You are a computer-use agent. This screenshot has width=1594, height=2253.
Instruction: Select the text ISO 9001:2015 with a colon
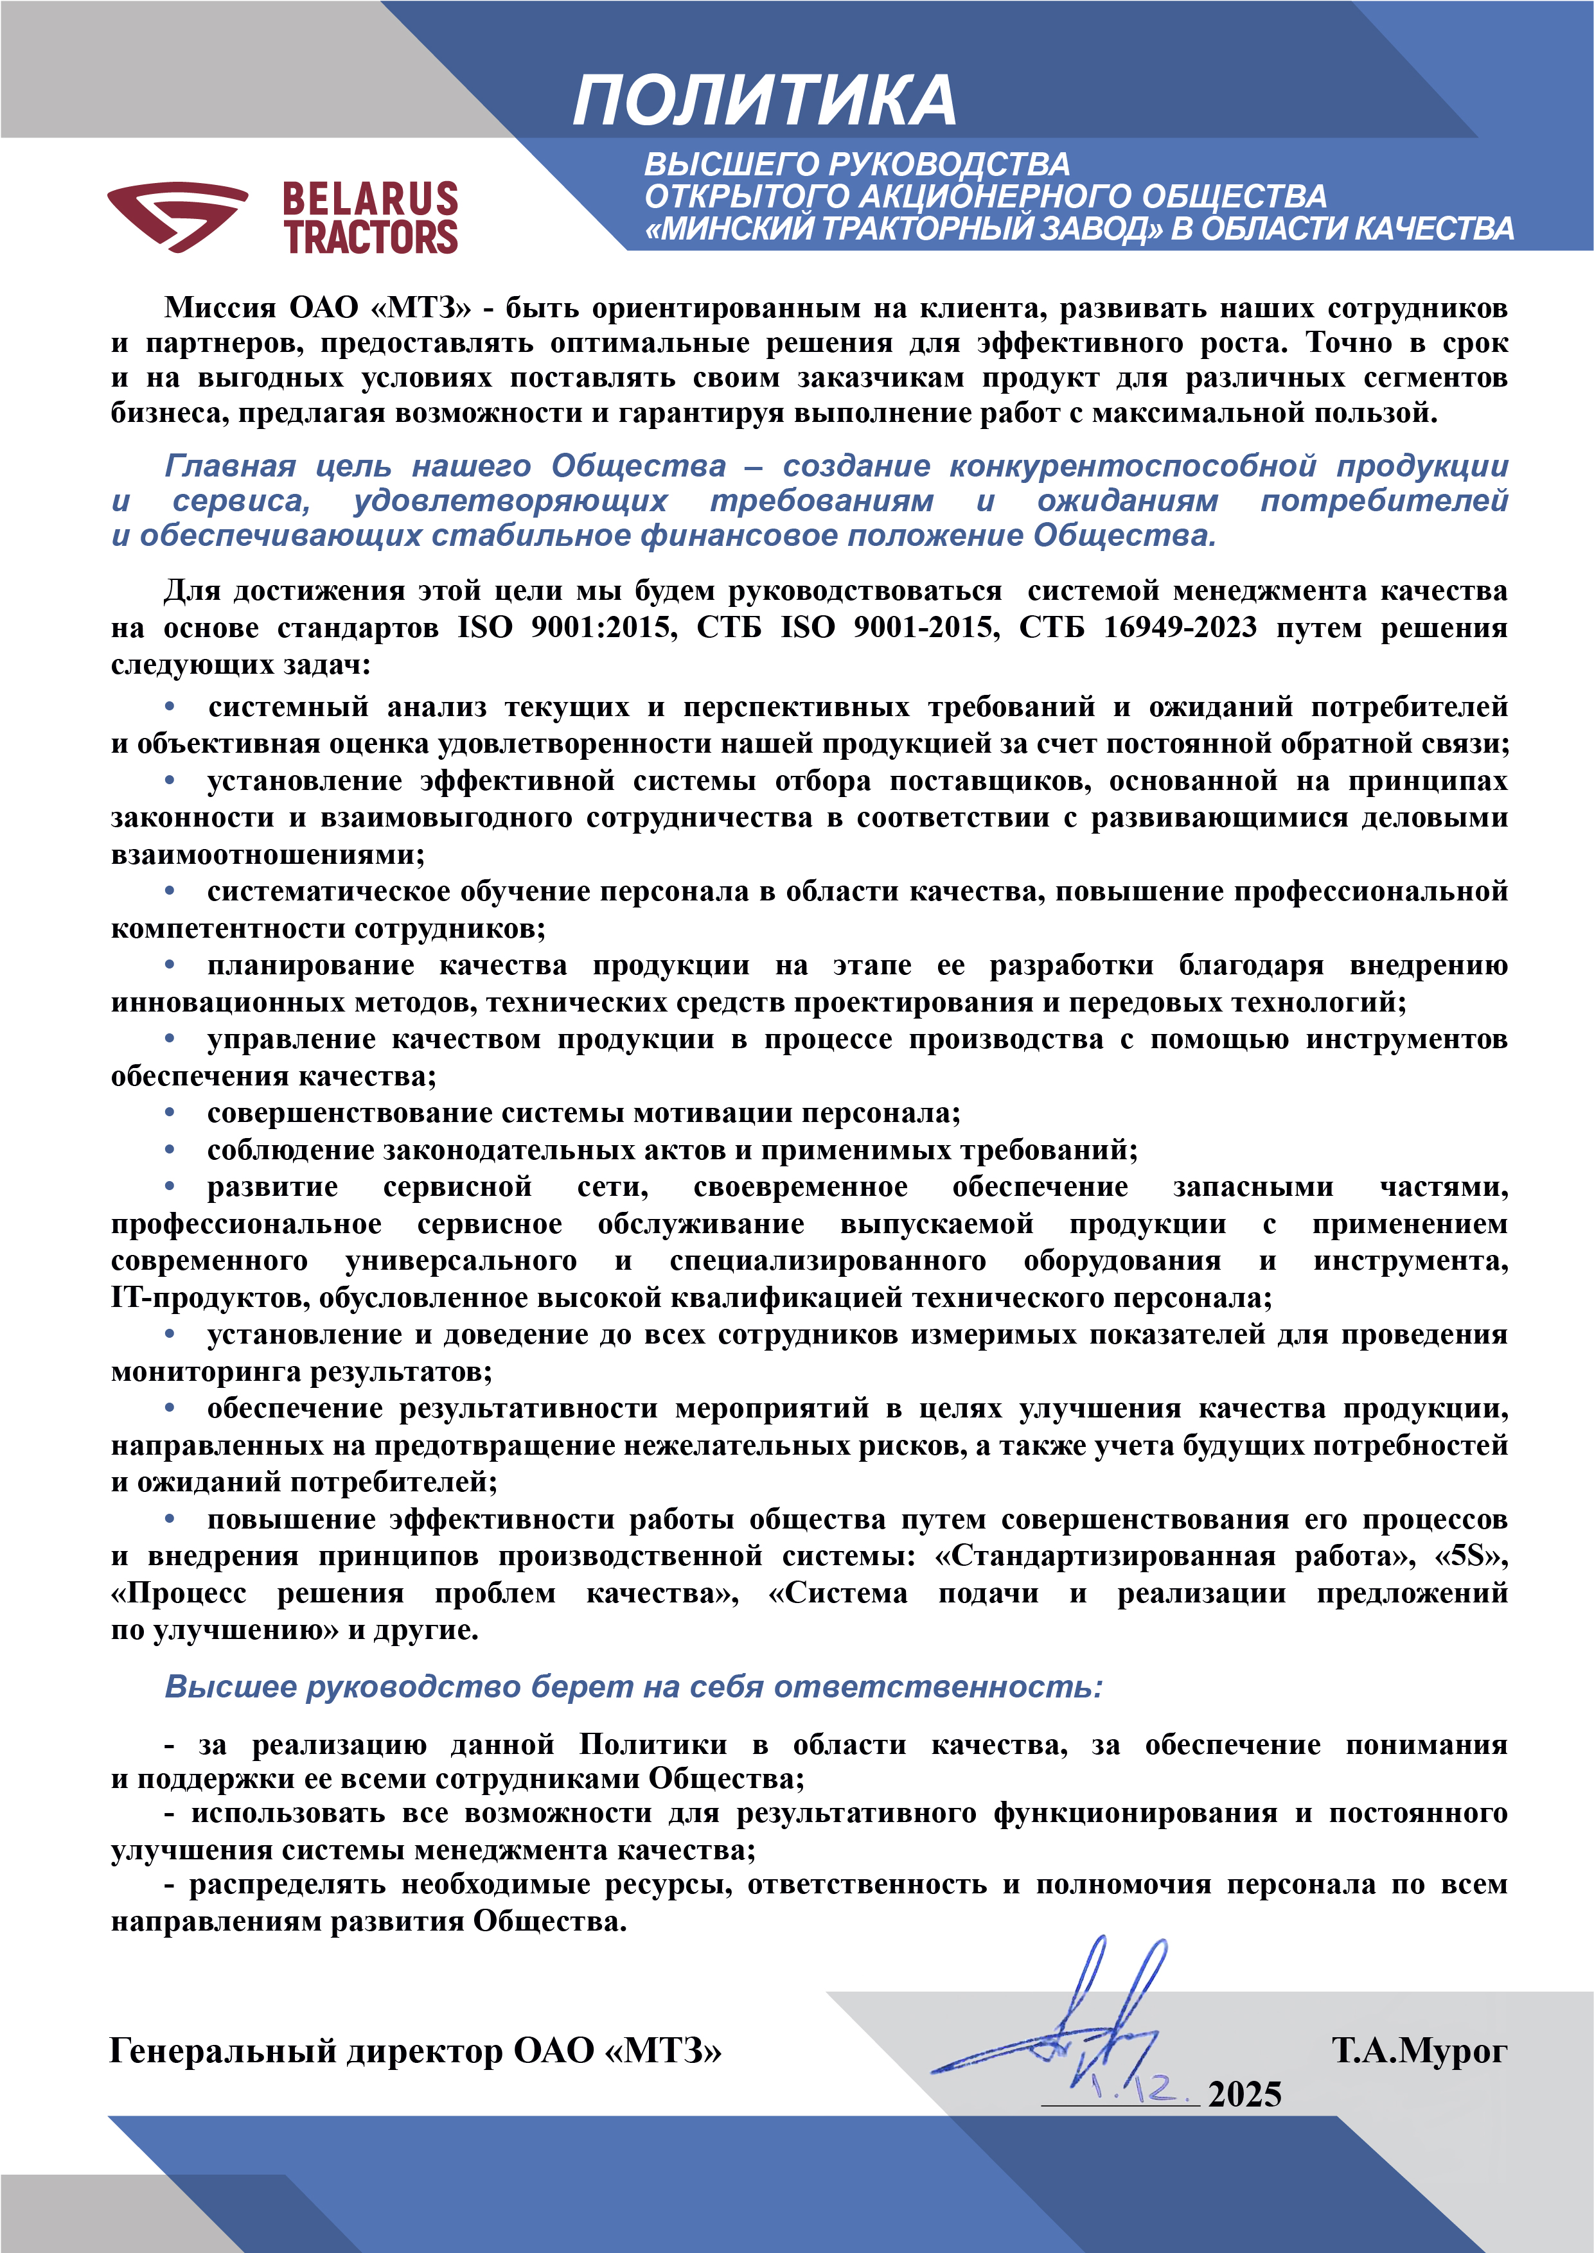pyautogui.click(x=567, y=627)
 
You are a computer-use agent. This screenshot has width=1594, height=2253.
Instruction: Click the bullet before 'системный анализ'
pyautogui.click(x=170, y=706)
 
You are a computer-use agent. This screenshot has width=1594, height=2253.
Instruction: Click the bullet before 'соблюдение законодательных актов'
pyautogui.click(x=170, y=1149)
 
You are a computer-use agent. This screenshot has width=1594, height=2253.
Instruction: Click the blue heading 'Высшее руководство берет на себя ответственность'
pyautogui.click(x=633, y=1686)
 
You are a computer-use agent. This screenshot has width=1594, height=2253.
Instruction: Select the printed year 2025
pyautogui.click(x=1244, y=2095)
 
